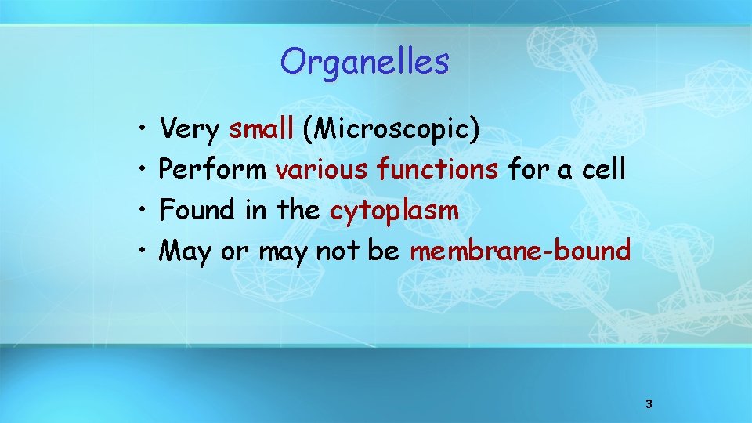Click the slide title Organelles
364,62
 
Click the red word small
261,129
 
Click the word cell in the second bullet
602,169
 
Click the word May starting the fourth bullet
185,251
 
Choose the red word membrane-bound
520,251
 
